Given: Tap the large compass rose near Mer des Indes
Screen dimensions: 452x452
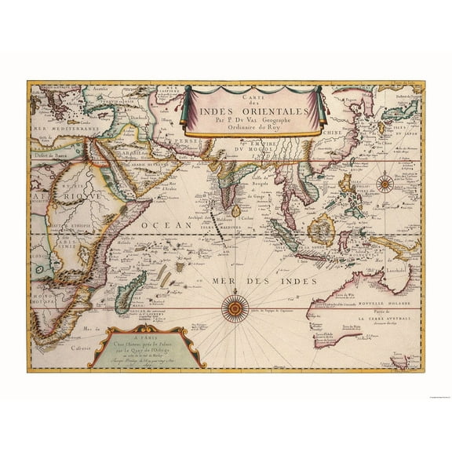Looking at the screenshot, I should click(x=234, y=308).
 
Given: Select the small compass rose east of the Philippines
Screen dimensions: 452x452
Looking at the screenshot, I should click(x=385, y=184).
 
